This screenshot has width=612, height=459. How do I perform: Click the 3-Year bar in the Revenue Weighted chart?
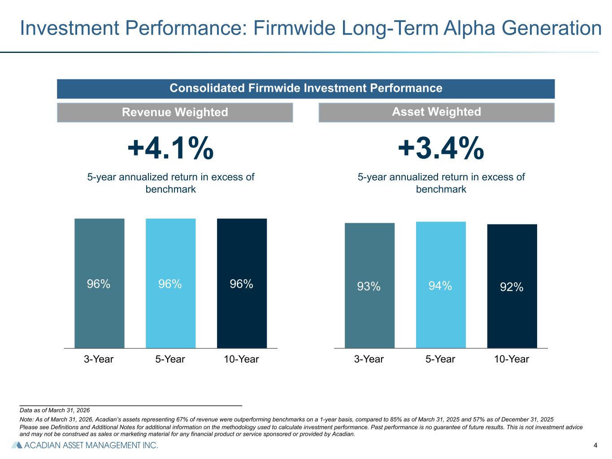[x=99, y=283]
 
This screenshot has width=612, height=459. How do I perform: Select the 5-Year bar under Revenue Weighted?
[x=171, y=283]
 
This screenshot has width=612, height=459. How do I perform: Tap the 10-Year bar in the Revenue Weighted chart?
[x=242, y=283]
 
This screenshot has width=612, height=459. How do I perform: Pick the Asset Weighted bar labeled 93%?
[x=369, y=286]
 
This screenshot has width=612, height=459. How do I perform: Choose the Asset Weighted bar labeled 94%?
[x=441, y=285]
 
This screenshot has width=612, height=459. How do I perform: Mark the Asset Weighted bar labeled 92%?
[x=512, y=286]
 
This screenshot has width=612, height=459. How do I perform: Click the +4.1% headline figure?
[x=171, y=148]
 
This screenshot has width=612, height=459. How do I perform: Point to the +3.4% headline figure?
[x=441, y=148]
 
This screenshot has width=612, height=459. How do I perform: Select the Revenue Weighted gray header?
[x=175, y=113]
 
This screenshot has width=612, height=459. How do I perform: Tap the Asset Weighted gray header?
[x=436, y=113]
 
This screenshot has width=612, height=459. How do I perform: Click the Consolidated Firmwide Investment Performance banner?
[x=306, y=89]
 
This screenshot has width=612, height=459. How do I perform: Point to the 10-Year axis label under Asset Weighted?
[x=512, y=359]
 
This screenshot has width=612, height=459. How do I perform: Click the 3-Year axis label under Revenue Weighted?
[x=99, y=359]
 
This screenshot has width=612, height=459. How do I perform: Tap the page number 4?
[x=595, y=445]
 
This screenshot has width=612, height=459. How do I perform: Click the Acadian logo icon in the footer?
[x=17, y=445]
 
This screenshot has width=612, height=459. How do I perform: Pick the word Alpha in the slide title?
[x=469, y=28]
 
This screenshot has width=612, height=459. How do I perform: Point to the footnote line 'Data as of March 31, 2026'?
[x=55, y=410]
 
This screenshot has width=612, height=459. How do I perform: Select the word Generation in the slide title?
[x=551, y=28]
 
